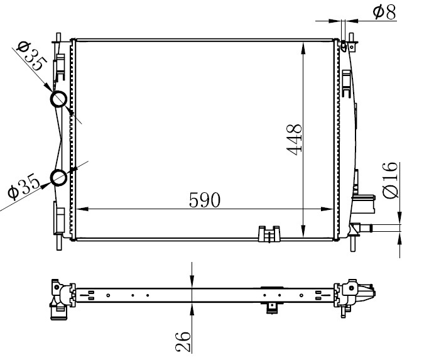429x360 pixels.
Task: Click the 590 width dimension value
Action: (x=205, y=200)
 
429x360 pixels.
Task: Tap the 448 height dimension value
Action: (x=294, y=139)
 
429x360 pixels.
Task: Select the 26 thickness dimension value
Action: (x=183, y=341)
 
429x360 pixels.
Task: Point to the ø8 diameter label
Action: (x=384, y=13)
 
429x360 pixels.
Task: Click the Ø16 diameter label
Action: (x=389, y=180)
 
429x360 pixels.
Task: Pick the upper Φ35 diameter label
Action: (x=31, y=56)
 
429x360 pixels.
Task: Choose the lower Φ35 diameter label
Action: (x=24, y=185)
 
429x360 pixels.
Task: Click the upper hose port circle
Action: (x=59, y=99)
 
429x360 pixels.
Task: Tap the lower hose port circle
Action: (x=59, y=178)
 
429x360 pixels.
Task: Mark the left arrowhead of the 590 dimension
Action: (x=82, y=209)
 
